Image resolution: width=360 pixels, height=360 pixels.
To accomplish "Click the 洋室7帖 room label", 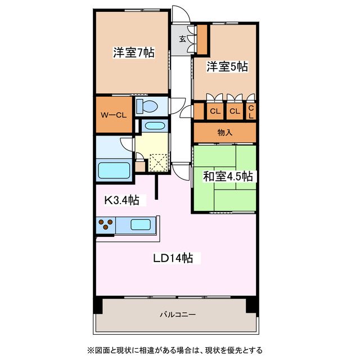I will click(x=133, y=53).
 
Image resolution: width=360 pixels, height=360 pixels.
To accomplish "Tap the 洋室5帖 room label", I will click(x=226, y=67).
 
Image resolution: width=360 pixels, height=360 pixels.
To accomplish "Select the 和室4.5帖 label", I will click(x=227, y=176).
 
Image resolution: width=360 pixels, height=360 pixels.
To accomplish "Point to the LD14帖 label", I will click(x=173, y=258).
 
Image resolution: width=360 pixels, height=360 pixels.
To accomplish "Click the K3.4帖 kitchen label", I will click(x=122, y=200).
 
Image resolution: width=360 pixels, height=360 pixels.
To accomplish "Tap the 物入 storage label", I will click(x=225, y=132).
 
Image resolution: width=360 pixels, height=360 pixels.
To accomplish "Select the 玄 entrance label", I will click(x=183, y=39).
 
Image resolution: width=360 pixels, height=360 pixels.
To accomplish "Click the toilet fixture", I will click(x=148, y=105).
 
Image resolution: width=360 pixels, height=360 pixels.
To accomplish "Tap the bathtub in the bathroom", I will click(x=114, y=170).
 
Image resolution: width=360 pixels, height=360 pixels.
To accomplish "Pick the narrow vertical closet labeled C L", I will click(x=251, y=111).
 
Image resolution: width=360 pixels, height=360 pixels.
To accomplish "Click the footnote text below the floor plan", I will click(x=174, y=349).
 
